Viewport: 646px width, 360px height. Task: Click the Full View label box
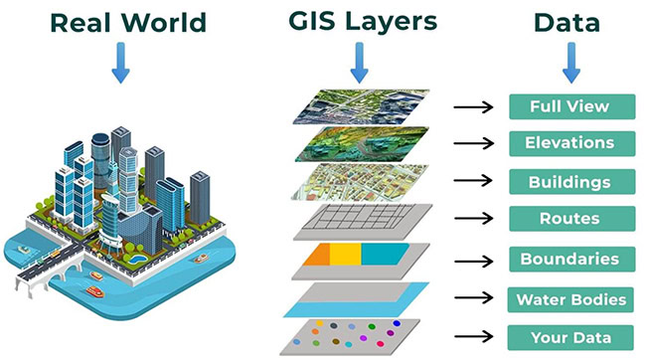pyautogui.click(x=571, y=105)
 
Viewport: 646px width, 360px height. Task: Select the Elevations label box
pyautogui.click(x=571, y=143)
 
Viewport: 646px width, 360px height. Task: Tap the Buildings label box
pyautogui.click(x=571, y=182)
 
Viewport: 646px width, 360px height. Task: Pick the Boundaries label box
pyautogui.click(x=571, y=259)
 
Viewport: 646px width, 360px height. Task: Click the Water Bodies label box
pyautogui.click(x=571, y=297)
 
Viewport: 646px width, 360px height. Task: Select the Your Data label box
pyautogui.click(x=571, y=336)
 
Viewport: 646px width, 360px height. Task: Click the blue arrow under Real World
pyautogui.click(x=119, y=62)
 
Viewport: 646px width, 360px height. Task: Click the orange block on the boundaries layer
pyautogui.click(x=319, y=257)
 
